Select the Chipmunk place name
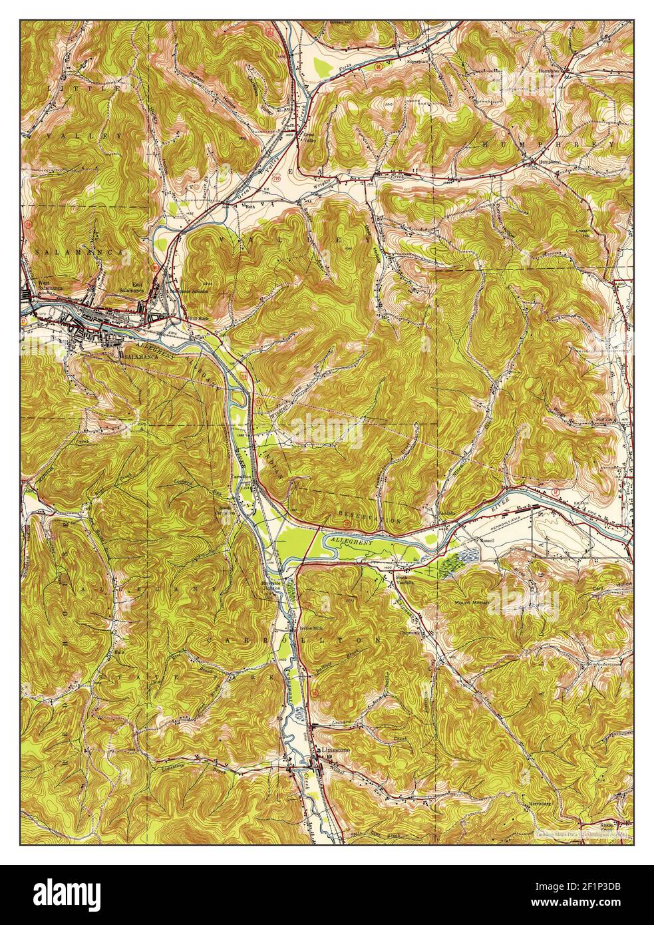pos(410,633)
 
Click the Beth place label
pos(250,206)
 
